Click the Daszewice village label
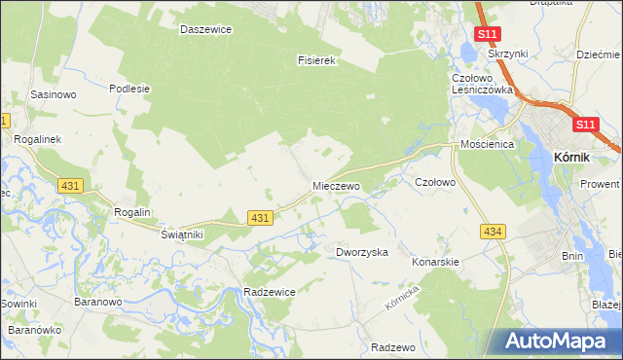coord(205,29)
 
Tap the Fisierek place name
coord(316,60)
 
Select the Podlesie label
coord(129,88)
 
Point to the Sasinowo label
coord(54,95)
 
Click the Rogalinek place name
coord(38,139)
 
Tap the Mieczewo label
coord(337,185)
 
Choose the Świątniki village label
coord(181,234)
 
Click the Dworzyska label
coord(362,252)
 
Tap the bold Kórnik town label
coord(573,154)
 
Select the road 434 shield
coord(493,230)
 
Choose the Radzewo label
coord(393,347)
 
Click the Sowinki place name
coord(18,304)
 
